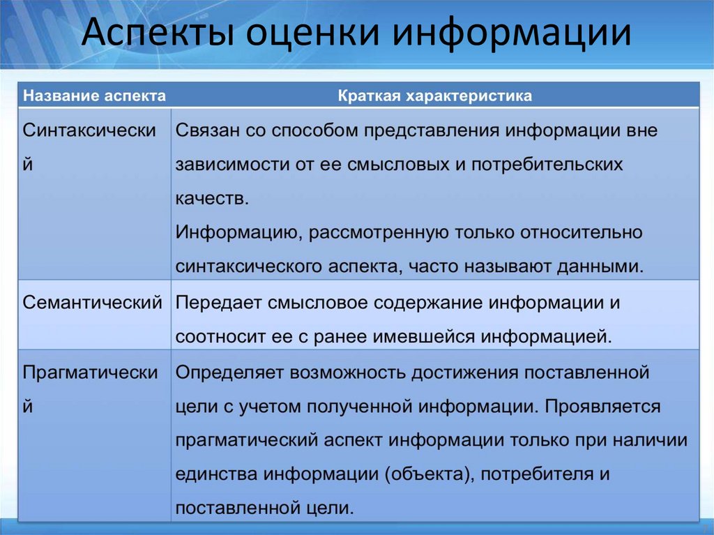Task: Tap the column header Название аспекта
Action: point(95,96)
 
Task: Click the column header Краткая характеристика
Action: point(435,96)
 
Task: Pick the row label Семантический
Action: point(93,303)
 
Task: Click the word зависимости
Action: point(227,165)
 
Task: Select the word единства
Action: point(216,474)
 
